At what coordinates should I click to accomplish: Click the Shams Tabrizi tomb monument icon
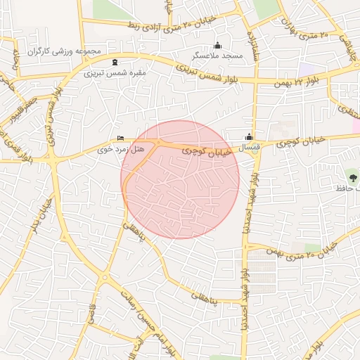click(115, 62)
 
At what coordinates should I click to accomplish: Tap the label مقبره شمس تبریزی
click(115, 72)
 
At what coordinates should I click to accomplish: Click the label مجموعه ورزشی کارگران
click(65, 52)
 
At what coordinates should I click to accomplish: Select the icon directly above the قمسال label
click(249, 138)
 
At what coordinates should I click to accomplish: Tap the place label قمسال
click(250, 148)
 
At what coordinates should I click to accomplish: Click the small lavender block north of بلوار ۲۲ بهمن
click(307, 70)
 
